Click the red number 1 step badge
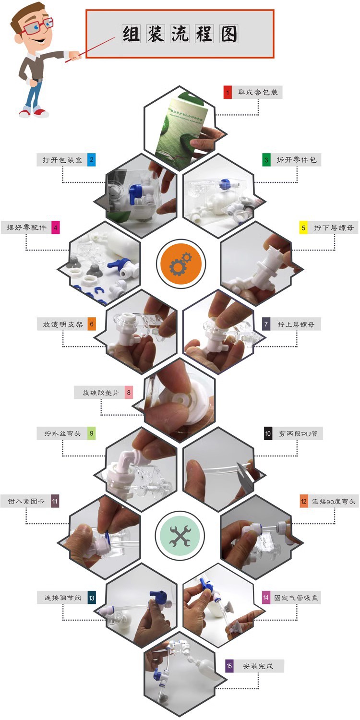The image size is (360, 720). pos(228,92)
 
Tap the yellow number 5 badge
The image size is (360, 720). pos(303,228)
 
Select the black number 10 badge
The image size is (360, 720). pos(268,434)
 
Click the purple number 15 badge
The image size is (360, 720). pos(229,666)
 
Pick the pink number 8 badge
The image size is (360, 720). pos(129,393)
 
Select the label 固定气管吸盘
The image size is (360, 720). pos(296,598)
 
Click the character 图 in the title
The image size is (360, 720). pos(228,34)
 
